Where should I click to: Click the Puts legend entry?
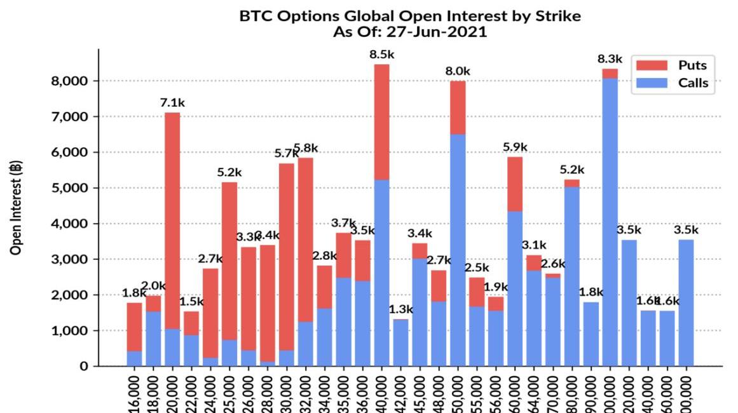pos(692,65)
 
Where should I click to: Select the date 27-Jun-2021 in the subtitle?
pos(439,32)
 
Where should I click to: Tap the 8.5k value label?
pos(382,55)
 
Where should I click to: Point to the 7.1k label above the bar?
pos(172,102)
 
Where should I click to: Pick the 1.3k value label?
pos(401,309)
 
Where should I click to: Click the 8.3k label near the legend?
pos(610,59)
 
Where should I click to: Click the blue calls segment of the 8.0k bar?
pos(458,248)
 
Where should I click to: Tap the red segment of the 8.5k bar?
pos(382,121)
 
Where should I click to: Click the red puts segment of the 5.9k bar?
pos(515,184)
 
